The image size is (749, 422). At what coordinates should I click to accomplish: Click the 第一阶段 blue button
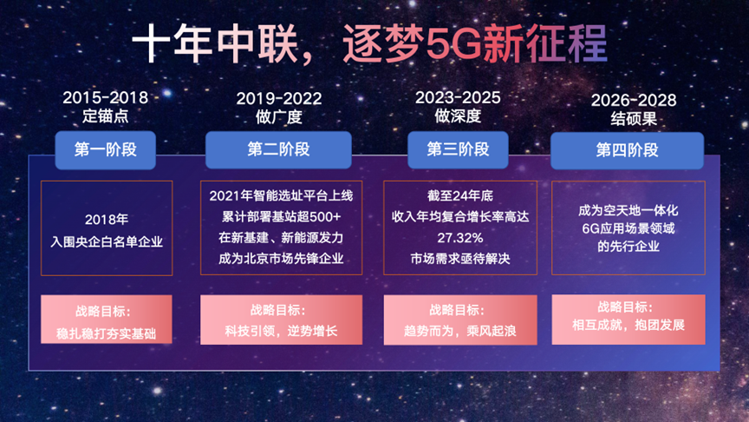[106, 150]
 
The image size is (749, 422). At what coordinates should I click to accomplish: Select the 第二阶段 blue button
[278, 149]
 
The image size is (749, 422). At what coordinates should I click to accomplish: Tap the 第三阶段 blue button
[458, 149]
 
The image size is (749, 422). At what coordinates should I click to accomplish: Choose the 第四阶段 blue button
[627, 151]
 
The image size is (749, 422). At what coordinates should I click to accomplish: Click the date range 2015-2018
[106, 98]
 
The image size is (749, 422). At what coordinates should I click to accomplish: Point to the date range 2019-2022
[279, 99]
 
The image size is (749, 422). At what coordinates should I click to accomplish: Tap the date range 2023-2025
[458, 98]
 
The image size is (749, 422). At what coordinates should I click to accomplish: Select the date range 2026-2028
[634, 101]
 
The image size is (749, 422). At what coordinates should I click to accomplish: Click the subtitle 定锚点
[106, 116]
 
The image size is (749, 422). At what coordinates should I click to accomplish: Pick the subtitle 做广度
[279, 117]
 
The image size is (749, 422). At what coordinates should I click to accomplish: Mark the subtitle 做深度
[458, 116]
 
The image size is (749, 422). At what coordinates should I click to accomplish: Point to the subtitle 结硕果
[634, 119]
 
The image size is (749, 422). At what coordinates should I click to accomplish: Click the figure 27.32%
[460, 238]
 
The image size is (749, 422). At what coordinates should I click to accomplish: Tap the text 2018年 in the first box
[107, 220]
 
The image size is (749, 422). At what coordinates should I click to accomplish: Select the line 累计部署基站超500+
[282, 217]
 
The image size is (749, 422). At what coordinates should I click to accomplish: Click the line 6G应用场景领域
[629, 228]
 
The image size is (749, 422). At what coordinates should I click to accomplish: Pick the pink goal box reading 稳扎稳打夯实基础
[107, 320]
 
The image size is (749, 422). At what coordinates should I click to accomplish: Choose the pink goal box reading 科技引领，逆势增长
[282, 320]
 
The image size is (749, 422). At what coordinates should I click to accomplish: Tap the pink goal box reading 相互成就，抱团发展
[629, 320]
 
